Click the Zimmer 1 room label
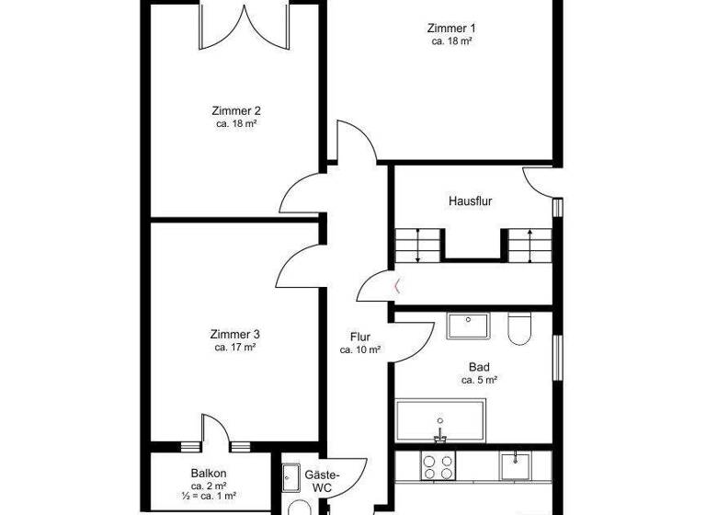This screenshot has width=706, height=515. tap(451, 28)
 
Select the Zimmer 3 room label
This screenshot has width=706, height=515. tap(235, 335)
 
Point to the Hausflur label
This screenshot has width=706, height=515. tap(470, 200)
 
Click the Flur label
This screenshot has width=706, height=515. tap(360, 337)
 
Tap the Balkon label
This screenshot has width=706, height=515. tap(209, 473)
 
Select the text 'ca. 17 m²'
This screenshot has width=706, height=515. tap(235, 348)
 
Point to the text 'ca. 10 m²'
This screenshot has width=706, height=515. tap(360, 349)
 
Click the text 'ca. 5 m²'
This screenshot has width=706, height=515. tap(479, 380)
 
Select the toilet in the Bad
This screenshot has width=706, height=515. tap(519, 328)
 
